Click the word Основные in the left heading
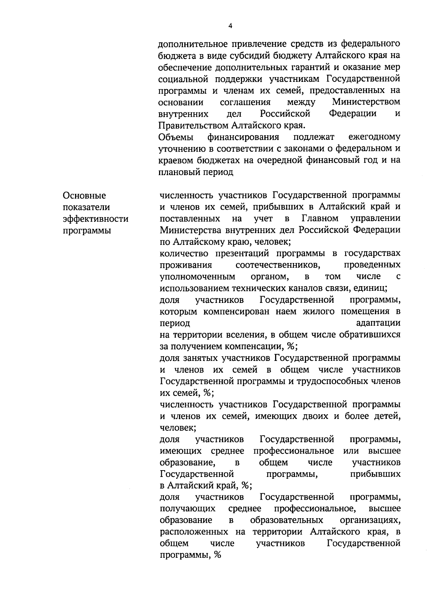pyautogui.click(x=84, y=195)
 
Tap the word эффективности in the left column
pyautogui.click(x=95, y=219)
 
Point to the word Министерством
pyautogui.click(x=366, y=102)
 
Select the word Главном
pyautogui.click(x=320, y=218)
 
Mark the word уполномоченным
pyautogui.click(x=197, y=277)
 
